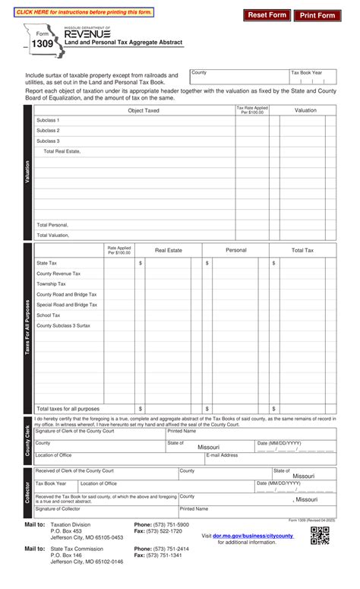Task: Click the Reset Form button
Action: coord(267,15)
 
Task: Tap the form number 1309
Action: coord(43,46)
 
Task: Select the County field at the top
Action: coord(238,78)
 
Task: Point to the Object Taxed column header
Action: coord(144,110)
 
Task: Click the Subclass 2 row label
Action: coord(48,131)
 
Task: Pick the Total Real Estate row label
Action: coord(62,151)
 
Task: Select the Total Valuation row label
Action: coord(53,236)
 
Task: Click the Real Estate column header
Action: coord(169,250)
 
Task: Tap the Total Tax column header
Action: coord(302,250)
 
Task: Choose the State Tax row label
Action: coord(47,263)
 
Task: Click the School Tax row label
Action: coord(49,315)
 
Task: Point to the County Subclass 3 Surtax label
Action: coord(64,325)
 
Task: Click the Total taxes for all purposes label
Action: coord(68,408)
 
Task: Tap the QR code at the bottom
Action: coord(320,536)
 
